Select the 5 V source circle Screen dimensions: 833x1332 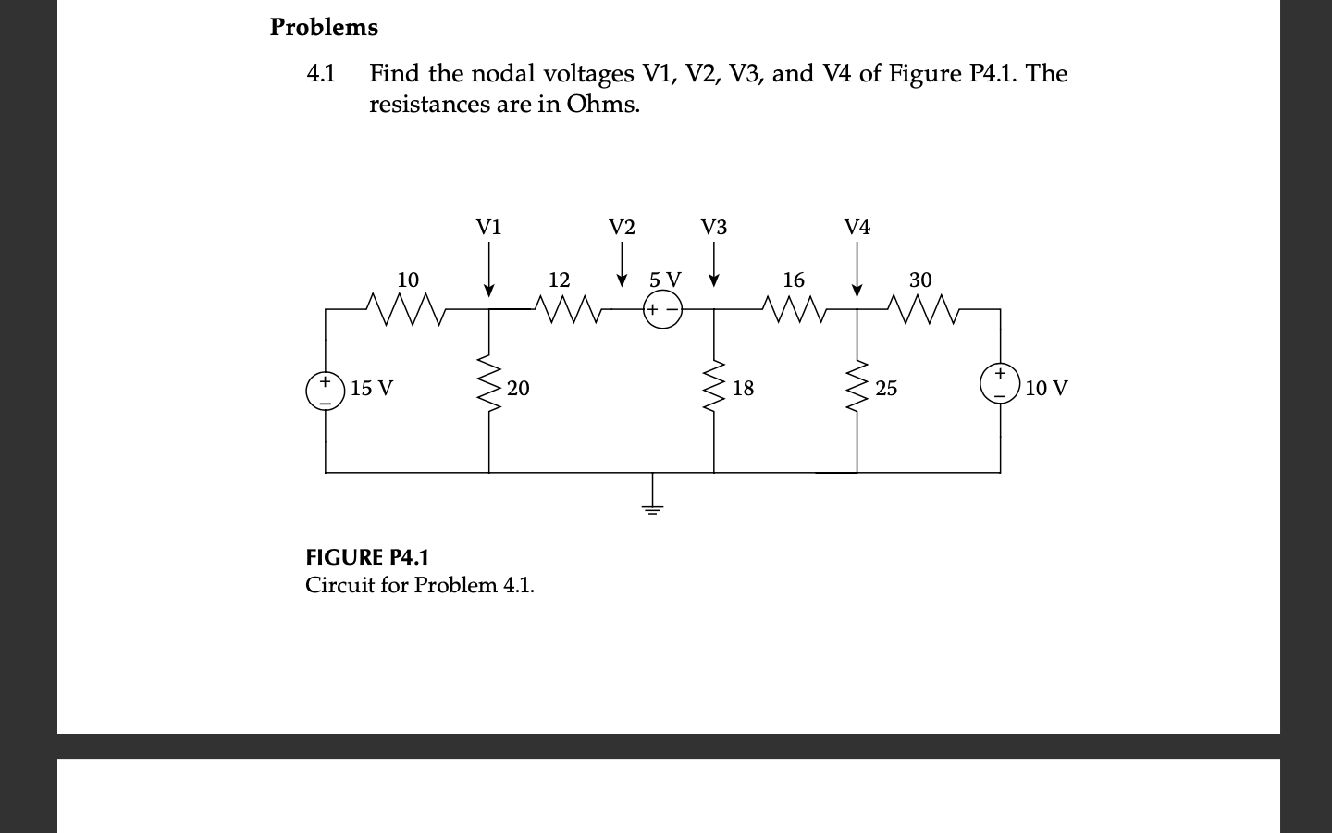pyautogui.click(x=661, y=310)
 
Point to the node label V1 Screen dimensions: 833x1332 pyautogui.click(x=488, y=228)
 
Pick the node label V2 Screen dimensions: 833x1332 pyautogui.click(x=622, y=228)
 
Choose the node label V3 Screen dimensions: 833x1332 pyautogui.click(x=713, y=228)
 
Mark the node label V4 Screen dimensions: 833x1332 pyautogui.click(x=857, y=228)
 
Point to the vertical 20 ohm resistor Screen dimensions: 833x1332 pyautogui.click(x=489, y=387)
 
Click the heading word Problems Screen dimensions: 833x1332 pyautogui.click(x=324, y=28)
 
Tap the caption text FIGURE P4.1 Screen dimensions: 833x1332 pyautogui.click(x=367, y=557)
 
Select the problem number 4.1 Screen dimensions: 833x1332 pyautogui.click(x=321, y=73)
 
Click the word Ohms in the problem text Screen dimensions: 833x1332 pyautogui.click(x=602, y=104)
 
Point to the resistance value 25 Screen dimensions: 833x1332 pyautogui.click(x=886, y=389)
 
